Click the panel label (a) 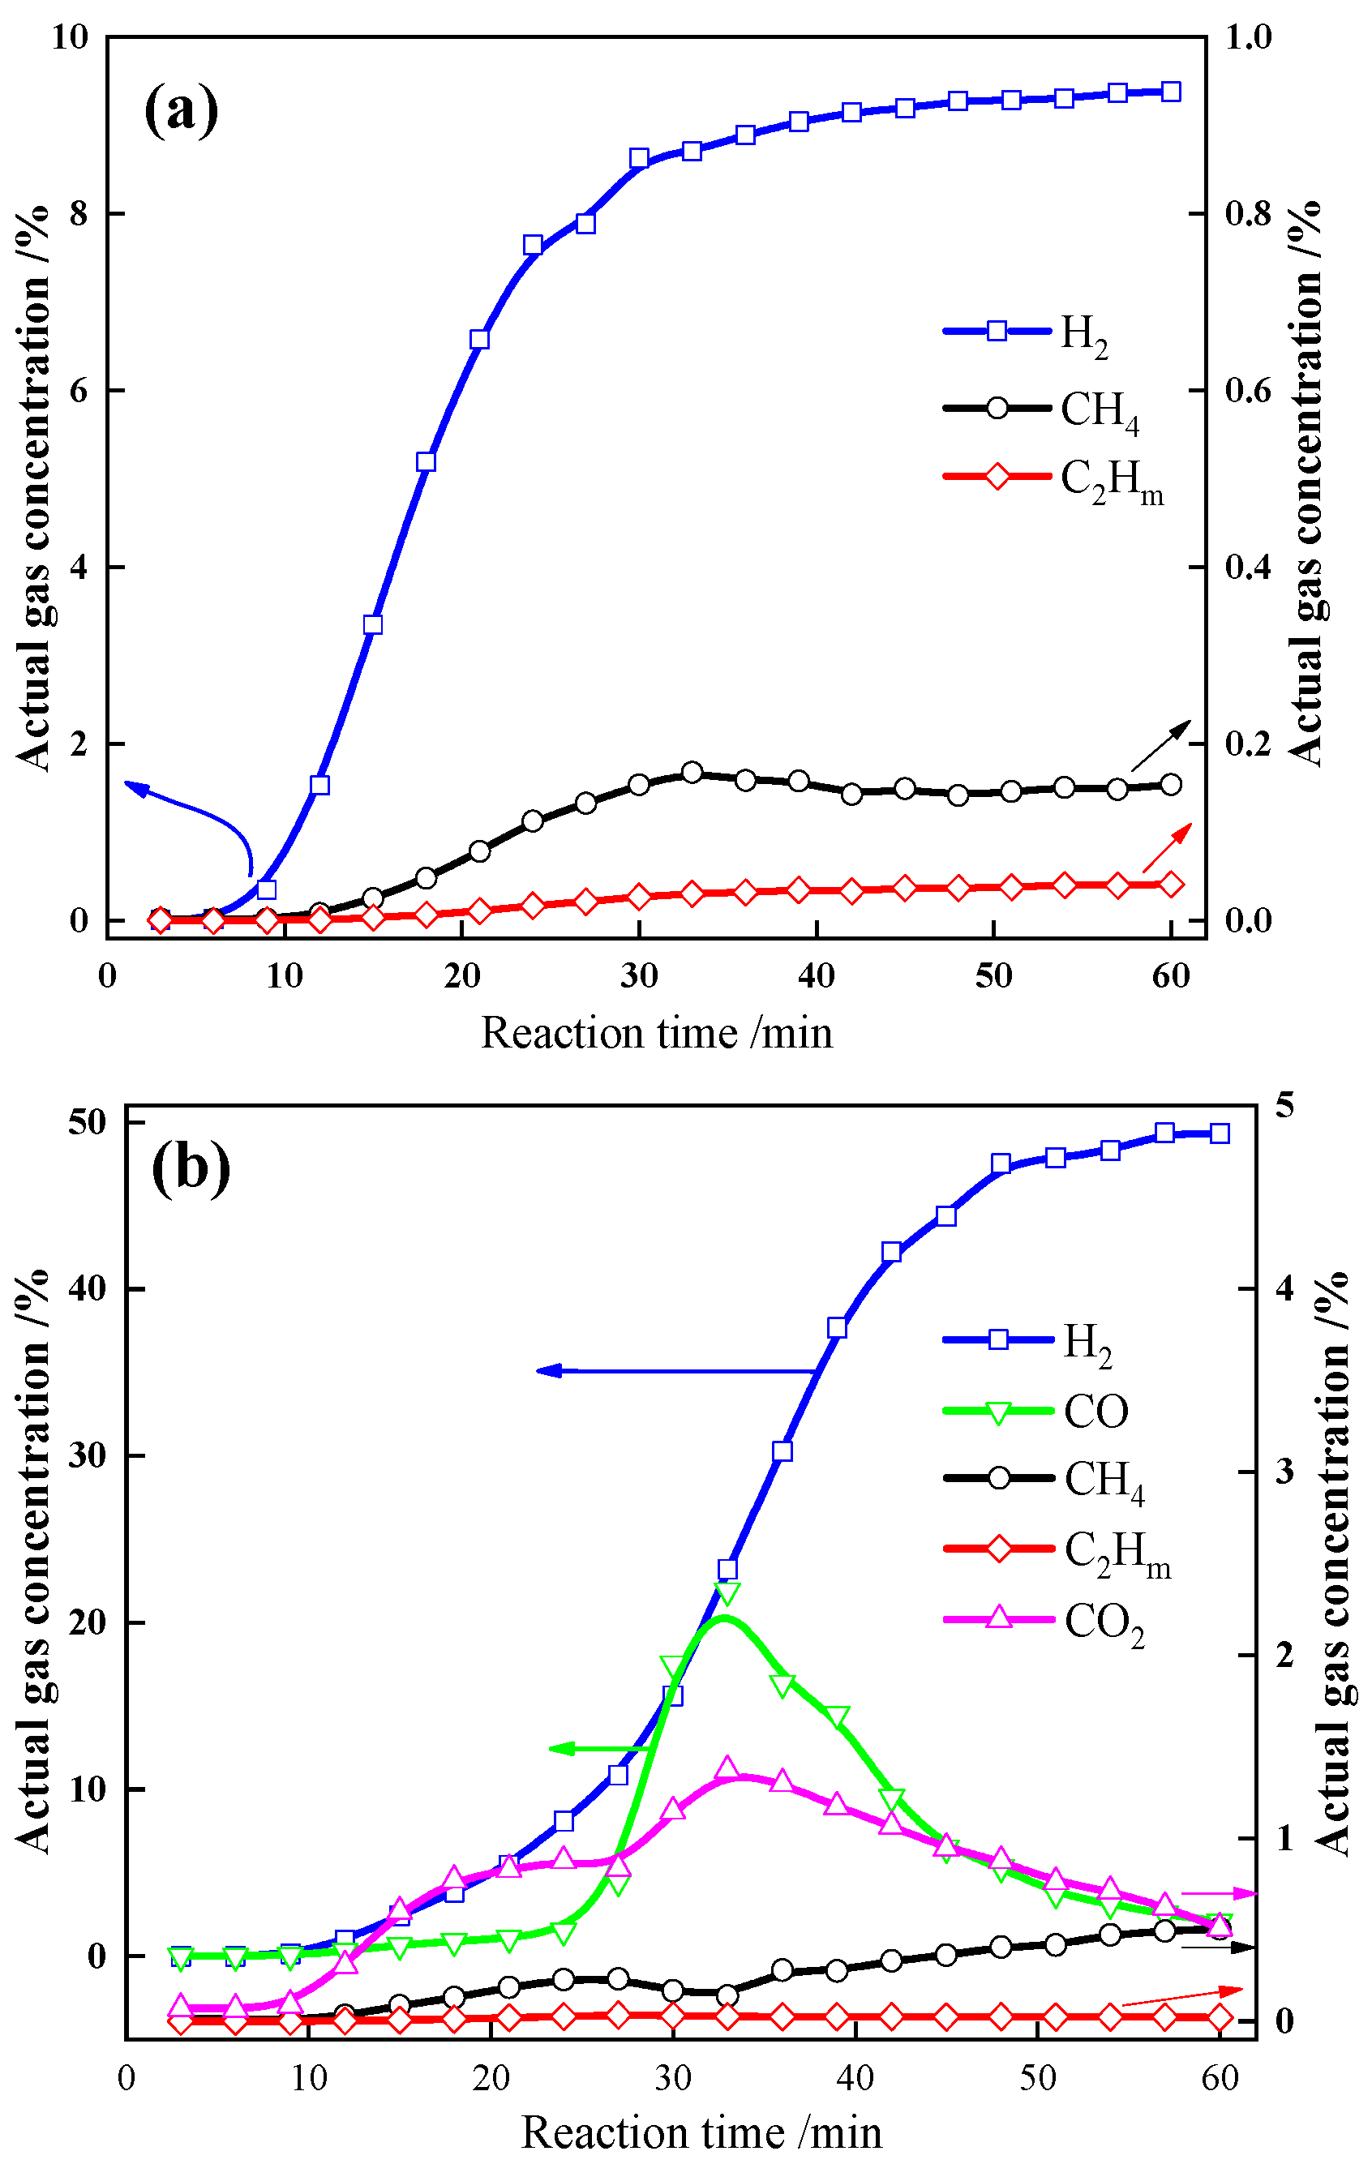point(181,109)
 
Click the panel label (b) point(191,1168)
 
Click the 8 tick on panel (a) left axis point(80,214)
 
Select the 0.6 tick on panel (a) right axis point(1248,390)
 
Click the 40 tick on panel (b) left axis point(87,1288)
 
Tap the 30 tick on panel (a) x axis point(639,976)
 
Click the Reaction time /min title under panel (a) point(657,1034)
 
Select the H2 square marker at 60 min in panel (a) point(1171,92)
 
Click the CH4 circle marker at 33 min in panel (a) point(692,773)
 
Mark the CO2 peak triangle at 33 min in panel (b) point(728,1769)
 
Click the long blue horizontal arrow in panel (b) point(674,1371)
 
